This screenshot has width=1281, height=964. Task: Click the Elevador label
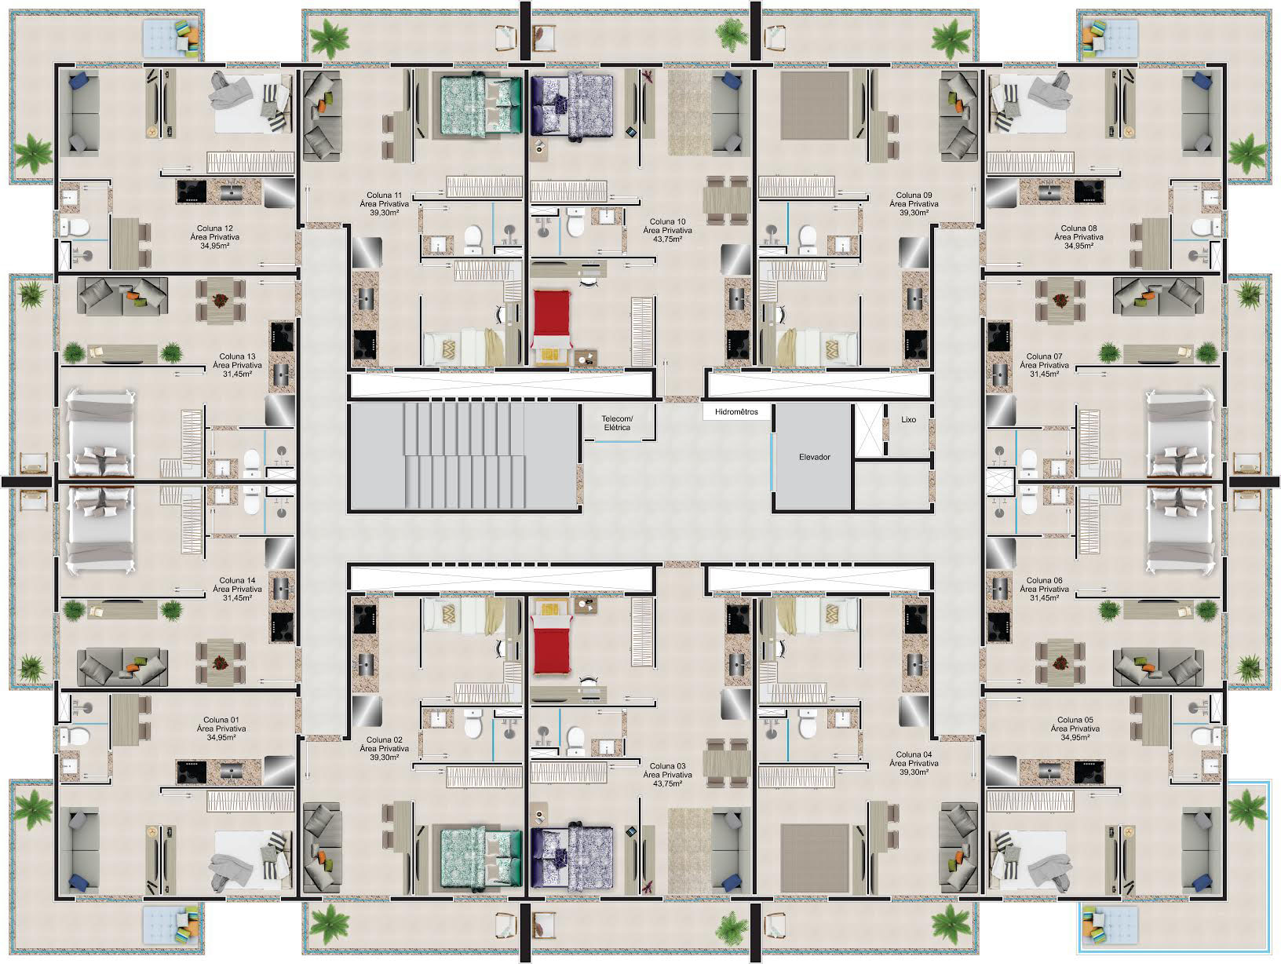(814, 457)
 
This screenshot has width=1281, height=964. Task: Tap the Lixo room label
(908, 419)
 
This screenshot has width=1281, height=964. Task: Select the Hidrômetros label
(736, 412)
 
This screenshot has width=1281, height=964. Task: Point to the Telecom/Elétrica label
(617, 423)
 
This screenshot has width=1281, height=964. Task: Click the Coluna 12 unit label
(215, 228)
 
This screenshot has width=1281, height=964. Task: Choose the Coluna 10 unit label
(668, 221)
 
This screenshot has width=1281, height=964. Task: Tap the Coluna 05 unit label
(1075, 720)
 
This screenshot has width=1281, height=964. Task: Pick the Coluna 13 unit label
(238, 356)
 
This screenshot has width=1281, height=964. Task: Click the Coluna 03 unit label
(668, 765)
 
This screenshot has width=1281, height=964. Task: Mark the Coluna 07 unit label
(1044, 356)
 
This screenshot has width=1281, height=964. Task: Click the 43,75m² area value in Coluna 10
(668, 239)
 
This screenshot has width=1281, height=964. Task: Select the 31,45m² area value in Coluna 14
(238, 598)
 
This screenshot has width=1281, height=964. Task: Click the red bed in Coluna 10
(551, 320)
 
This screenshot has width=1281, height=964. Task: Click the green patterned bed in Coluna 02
(480, 858)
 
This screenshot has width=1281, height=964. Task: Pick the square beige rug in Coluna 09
(815, 106)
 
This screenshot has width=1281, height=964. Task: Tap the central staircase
(465, 456)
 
